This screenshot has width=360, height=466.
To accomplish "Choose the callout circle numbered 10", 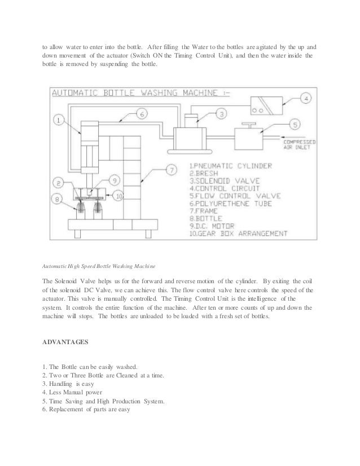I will coord(118,195).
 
